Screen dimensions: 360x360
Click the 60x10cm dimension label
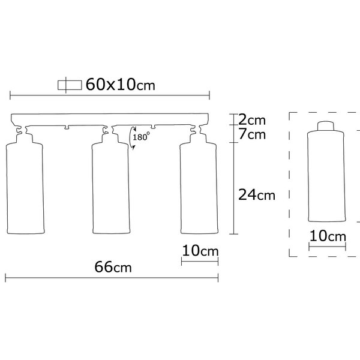pyautogui.click(x=120, y=85)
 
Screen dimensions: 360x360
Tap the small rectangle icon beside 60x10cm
pyautogui.click(x=68, y=85)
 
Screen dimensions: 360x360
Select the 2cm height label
pyautogui.click(x=251, y=119)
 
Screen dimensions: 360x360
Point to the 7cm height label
pyautogui.click(x=251, y=134)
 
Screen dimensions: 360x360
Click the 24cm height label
pyautogui.click(x=256, y=194)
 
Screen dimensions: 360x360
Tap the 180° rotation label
pyautogui.click(x=142, y=137)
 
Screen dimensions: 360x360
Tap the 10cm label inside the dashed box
pyautogui.click(x=328, y=236)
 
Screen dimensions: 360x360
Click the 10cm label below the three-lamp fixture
pyautogui.click(x=200, y=251)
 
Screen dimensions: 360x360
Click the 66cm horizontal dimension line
pyautogui.click(x=112, y=277)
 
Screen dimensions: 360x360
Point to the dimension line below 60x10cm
pyautogui.click(x=109, y=94)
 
